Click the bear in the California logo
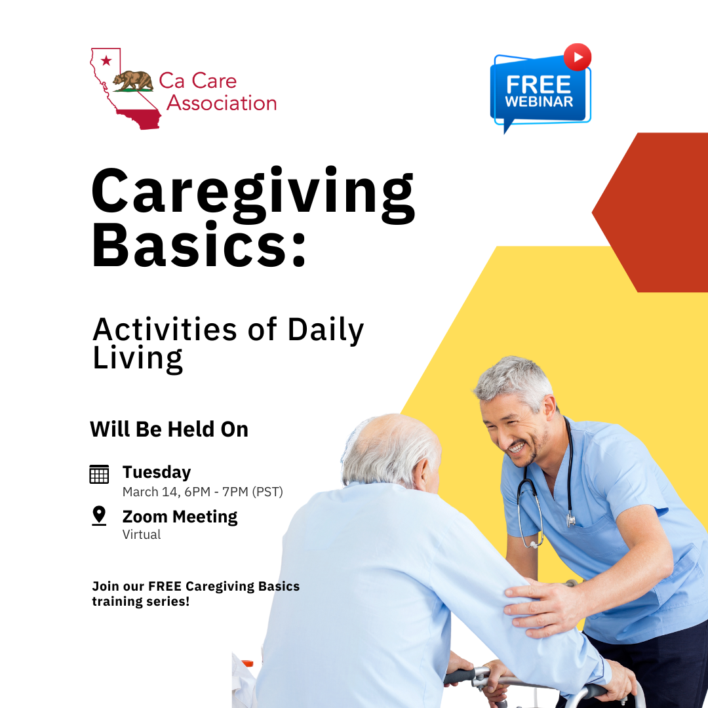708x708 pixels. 132,80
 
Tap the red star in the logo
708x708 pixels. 106,61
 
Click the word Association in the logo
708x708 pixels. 222,103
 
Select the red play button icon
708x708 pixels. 577,57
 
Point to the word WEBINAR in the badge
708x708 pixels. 539,102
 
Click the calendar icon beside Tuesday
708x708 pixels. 99,474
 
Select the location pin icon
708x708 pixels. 99,516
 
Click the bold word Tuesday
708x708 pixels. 157,472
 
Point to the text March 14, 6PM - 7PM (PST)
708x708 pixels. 203,492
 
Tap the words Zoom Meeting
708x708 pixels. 180,517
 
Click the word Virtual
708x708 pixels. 142,534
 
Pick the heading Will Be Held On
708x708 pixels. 169,429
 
